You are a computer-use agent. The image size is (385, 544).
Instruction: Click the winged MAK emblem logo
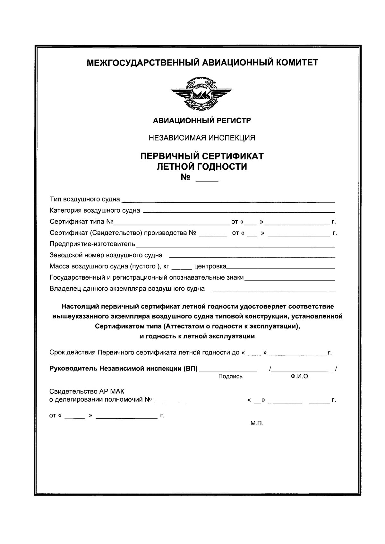(201, 94)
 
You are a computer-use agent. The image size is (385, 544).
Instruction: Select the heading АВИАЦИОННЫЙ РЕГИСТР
(202, 121)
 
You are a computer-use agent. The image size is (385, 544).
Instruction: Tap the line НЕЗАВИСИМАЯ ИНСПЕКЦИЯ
(202, 138)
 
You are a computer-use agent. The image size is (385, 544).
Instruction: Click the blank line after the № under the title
(207, 181)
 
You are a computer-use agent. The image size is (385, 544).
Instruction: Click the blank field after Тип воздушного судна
(228, 201)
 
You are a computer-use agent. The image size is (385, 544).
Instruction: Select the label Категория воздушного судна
(95, 211)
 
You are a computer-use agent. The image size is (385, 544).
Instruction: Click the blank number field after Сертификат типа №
(171, 222)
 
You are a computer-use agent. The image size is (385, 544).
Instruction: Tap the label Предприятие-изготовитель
(92, 244)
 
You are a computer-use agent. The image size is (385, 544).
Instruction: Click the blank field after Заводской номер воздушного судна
(252, 256)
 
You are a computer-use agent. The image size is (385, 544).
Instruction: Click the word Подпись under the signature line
(230, 377)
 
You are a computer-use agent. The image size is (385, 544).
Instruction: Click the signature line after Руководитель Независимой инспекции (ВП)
(228, 371)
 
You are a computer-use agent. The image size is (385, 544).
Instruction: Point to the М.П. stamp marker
(257, 423)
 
